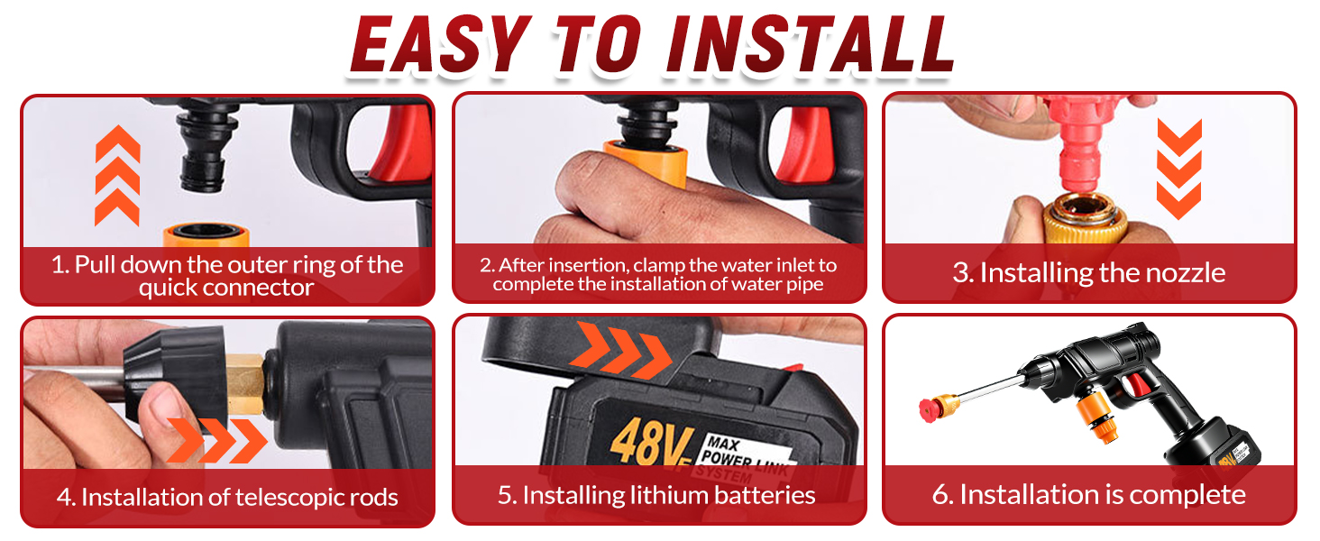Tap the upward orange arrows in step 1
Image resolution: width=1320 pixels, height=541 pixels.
(x=117, y=176)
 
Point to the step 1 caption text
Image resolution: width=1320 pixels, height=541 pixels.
(x=226, y=276)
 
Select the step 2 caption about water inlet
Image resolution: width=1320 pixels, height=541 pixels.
(x=658, y=275)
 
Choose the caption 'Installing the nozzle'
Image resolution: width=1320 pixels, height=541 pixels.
(x=1088, y=273)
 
